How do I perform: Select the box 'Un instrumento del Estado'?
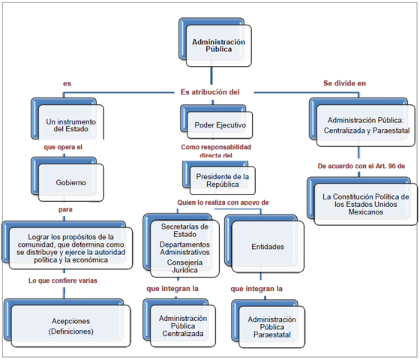[x=71, y=124]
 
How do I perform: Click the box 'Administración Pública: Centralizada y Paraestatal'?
[x=363, y=124]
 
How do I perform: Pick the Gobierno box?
[x=71, y=181]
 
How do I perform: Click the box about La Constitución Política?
[x=363, y=201]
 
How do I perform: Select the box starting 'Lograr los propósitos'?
[x=70, y=248]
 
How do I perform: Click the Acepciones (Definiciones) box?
[x=70, y=325]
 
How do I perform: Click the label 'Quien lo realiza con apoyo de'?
[x=222, y=202]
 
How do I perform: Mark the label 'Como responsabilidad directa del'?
[x=216, y=152]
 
